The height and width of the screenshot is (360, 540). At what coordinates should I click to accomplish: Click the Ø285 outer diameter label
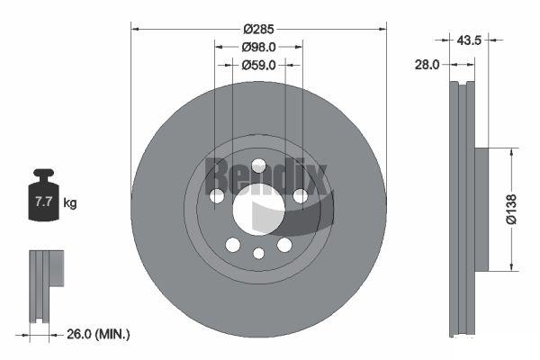click(258, 30)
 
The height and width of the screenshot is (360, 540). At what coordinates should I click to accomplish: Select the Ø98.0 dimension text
click(258, 47)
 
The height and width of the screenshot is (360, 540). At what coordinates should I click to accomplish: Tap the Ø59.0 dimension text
click(258, 65)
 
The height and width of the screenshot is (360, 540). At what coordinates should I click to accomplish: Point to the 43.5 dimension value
click(469, 40)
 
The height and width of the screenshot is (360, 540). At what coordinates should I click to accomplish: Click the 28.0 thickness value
click(427, 65)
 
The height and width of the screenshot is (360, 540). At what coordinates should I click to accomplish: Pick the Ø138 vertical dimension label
click(512, 209)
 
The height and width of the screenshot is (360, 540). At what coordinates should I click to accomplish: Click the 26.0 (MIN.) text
click(98, 334)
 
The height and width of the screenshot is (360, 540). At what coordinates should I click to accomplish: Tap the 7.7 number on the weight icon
click(43, 202)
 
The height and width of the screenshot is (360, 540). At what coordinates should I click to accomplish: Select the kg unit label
click(70, 202)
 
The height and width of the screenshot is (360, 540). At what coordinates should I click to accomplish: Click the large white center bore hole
click(258, 210)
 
